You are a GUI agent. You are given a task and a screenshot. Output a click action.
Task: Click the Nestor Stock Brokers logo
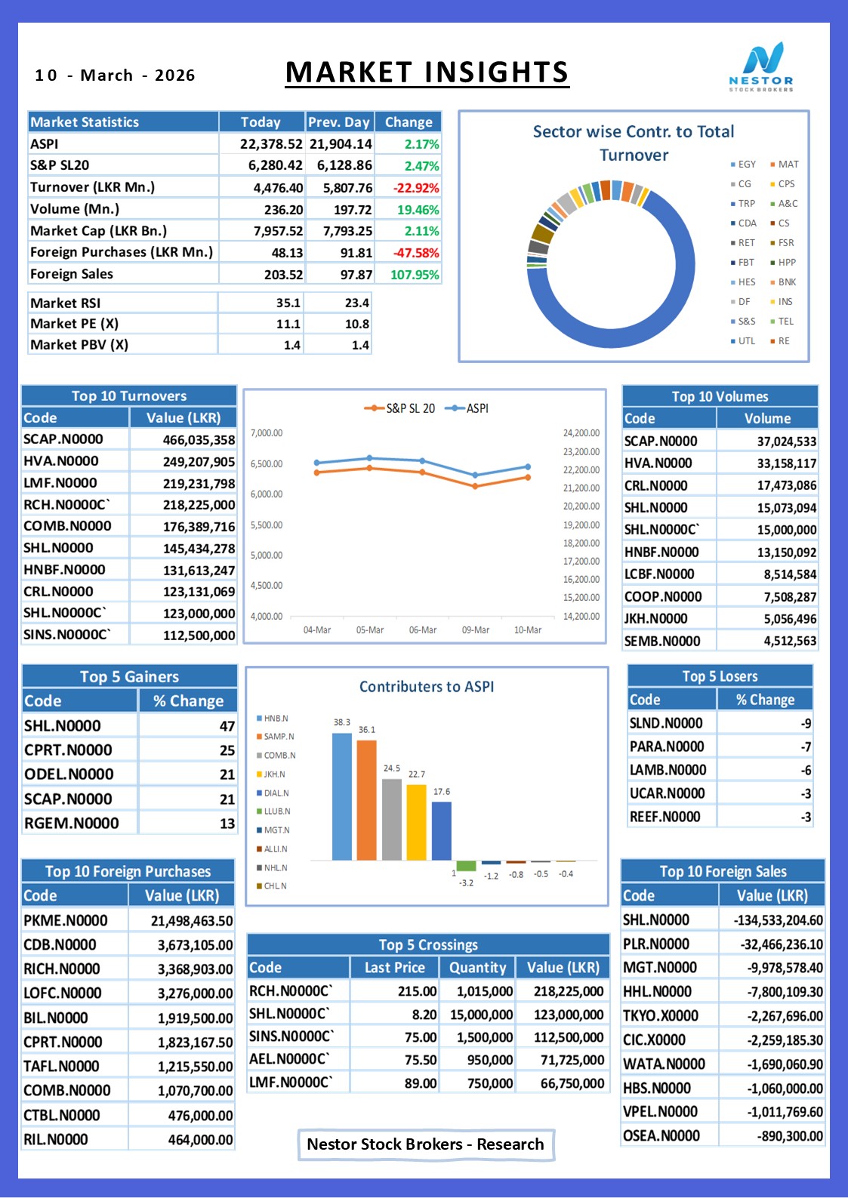pyautogui.click(x=761, y=67)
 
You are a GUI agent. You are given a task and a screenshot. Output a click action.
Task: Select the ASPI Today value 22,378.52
pyautogui.click(x=271, y=144)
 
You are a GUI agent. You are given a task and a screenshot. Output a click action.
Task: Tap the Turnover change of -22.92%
pyautogui.click(x=416, y=188)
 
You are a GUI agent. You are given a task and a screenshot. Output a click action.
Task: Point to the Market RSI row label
pyautogui.click(x=65, y=303)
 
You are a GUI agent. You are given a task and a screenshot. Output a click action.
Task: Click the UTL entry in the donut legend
pyautogui.click(x=743, y=341)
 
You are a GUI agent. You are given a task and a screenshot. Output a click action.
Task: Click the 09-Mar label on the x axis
pyautogui.click(x=476, y=630)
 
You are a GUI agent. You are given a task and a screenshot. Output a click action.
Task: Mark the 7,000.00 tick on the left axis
pyautogui.click(x=267, y=433)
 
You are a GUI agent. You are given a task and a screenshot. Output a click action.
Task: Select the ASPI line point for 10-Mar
pyautogui.click(x=528, y=467)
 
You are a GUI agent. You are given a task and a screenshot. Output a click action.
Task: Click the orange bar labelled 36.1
pyautogui.click(x=366, y=800)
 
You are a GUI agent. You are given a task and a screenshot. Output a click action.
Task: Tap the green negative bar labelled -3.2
pyautogui.click(x=466, y=866)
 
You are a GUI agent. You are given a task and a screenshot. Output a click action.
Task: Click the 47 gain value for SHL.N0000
pyautogui.click(x=227, y=726)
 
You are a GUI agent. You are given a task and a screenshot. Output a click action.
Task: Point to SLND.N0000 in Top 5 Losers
pyautogui.click(x=665, y=723)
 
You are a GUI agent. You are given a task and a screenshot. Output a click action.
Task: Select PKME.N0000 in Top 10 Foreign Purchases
pyautogui.click(x=65, y=920)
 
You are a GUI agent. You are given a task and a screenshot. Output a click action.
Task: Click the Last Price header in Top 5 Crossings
pyautogui.click(x=395, y=968)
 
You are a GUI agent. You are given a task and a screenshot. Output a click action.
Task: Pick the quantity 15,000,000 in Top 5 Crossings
pyautogui.click(x=482, y=1015)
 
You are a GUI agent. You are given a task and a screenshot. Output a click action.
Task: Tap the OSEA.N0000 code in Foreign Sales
pyautogui.click(x=661, y=1135)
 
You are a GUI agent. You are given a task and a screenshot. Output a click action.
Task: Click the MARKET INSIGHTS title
pyautogui.click(x=427, y=72)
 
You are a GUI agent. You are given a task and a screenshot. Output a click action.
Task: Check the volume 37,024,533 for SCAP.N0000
pyautogui.click(x=787, y=442)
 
